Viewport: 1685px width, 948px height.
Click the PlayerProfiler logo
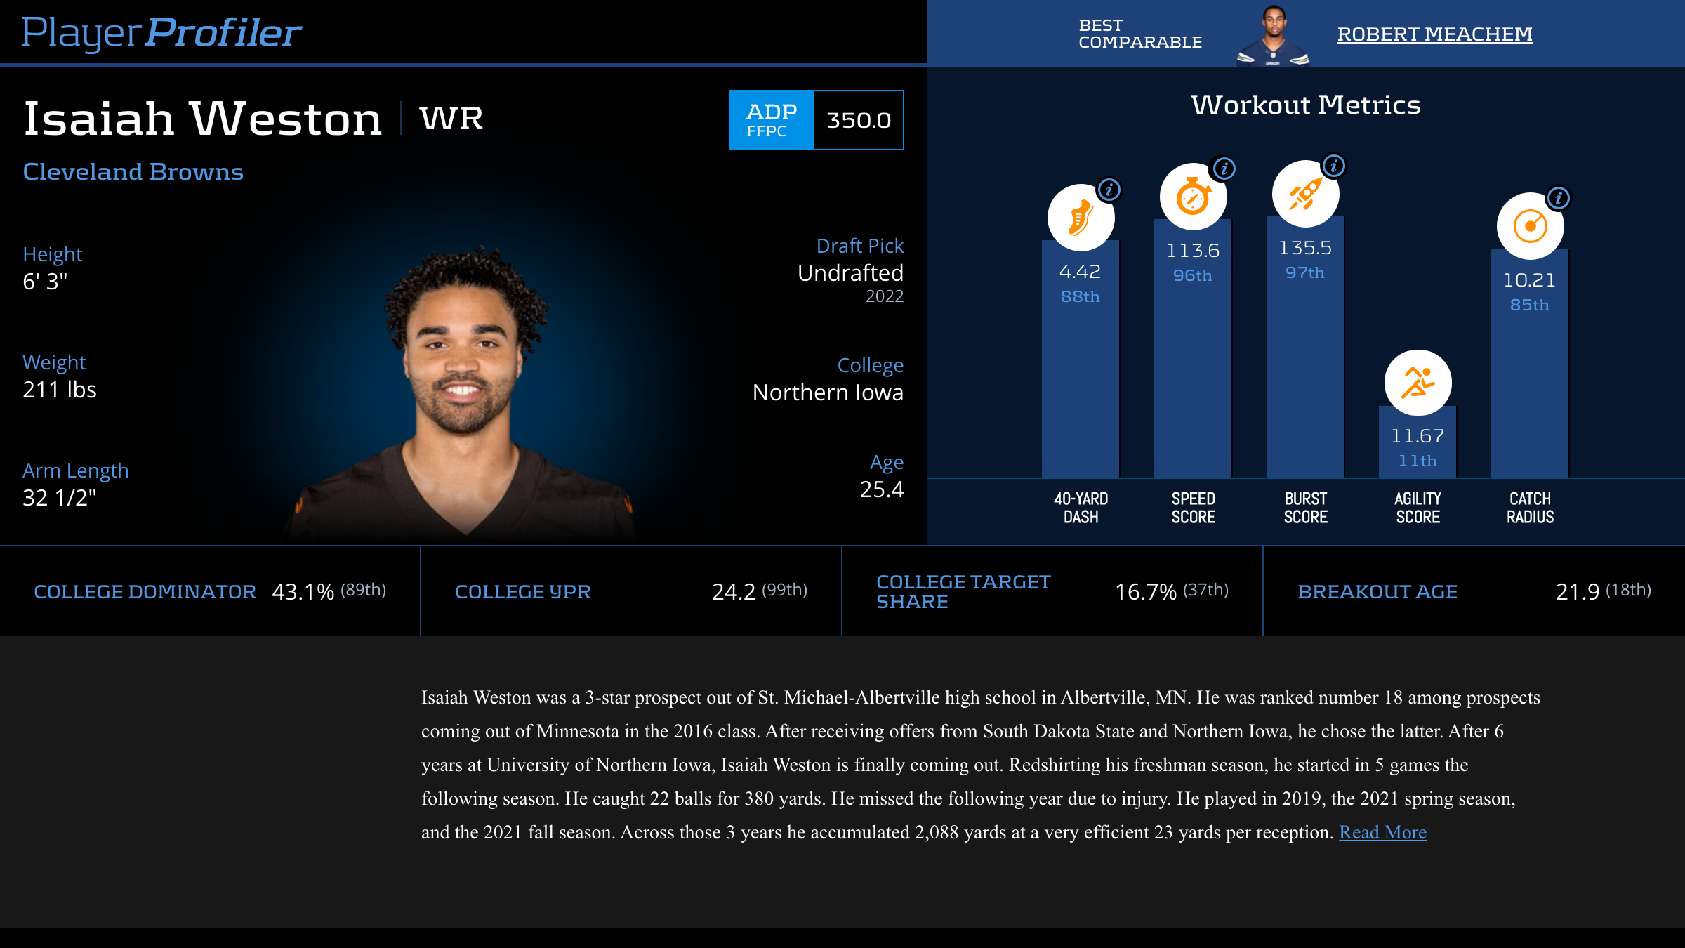click(161, 32)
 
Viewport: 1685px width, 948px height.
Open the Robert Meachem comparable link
click(1434, 34)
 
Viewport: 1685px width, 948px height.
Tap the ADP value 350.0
click(859, 120)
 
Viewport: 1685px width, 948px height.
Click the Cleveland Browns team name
click(133, 172)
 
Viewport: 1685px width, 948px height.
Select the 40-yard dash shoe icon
click(1081, 218)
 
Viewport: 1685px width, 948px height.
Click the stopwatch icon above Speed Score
click(1193, 197)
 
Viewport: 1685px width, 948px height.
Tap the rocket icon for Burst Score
click(1305, 194)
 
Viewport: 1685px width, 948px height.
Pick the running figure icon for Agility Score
click(1418, 383)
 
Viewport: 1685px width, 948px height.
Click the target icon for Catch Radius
click(1530, 226)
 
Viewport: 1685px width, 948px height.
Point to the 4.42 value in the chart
click(1080, 272)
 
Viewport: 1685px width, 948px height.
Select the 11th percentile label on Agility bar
click(1418, 461)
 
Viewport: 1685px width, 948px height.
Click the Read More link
click(1382, 832)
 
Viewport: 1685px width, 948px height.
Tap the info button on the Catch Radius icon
click(1559, 198)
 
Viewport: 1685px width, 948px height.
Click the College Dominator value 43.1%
click(303, 592)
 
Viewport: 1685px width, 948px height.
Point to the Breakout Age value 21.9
click(1577, 592)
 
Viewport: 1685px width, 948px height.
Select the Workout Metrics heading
click(1305, 105)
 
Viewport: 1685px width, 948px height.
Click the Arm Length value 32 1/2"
click(59, 498)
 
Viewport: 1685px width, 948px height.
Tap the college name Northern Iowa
click(828, 393)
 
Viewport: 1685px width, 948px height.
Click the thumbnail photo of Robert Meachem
click(1273, 35)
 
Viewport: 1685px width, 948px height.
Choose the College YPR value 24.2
click(733, 592)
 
